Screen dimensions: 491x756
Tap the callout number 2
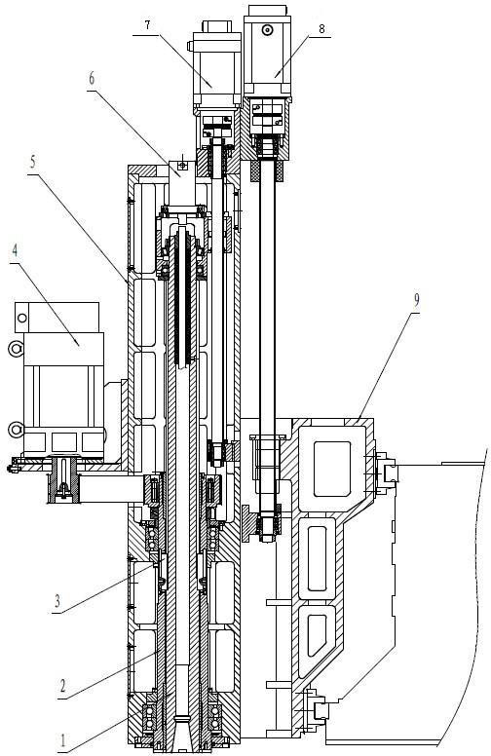(x=62, y=686)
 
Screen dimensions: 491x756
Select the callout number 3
(x=57, y=601)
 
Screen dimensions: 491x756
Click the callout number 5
(x=32, y=162)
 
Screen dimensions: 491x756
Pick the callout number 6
(x=92, y=79)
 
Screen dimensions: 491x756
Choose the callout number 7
(x=147, y=25)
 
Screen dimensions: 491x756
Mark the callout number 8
(x=321, y=28)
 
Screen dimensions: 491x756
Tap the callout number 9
(x=416, y=300)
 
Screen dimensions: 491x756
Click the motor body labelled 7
(x=216, y=71)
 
